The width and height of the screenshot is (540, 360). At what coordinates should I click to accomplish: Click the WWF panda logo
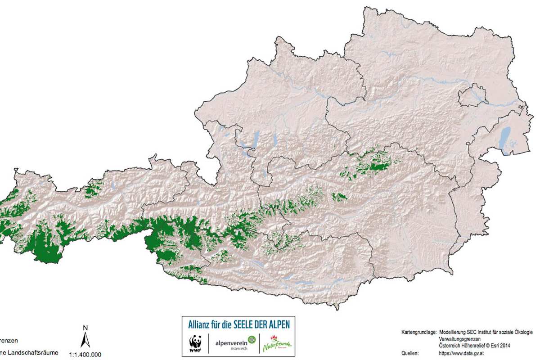coord(195,343)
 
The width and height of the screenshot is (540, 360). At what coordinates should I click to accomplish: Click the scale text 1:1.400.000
coord(85,355)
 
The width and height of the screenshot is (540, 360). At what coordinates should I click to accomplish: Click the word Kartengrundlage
coord(418,332)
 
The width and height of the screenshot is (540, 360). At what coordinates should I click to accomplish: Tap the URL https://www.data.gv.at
coord(464,353)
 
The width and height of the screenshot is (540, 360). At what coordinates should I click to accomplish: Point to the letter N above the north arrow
coord(85,328)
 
